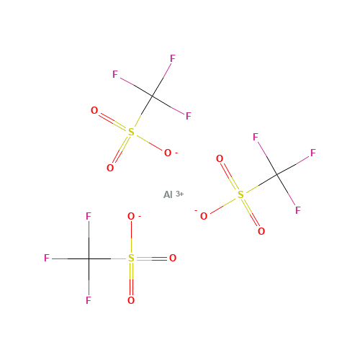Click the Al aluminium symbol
click(168, 194)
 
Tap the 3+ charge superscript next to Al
click(179, 194)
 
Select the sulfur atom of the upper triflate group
click(131, 132)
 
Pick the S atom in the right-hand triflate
click(240, 194)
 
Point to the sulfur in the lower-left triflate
click(131, 258)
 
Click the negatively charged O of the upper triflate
click(168, 153)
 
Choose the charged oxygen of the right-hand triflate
click(204, 216)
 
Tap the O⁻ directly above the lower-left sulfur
click(131, 216)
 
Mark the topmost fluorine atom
click(173, 58)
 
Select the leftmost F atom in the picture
click(47, 258)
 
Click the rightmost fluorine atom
click(313, 153)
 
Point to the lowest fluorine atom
click(89, 300)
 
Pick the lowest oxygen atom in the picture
click(131, 300)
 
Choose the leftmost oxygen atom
click(94, 110)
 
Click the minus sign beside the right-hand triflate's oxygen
click(196, 211)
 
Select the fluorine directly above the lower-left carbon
click(89, 216)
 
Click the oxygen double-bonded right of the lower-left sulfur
click(173, 258)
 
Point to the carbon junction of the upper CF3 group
click(152, 96)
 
